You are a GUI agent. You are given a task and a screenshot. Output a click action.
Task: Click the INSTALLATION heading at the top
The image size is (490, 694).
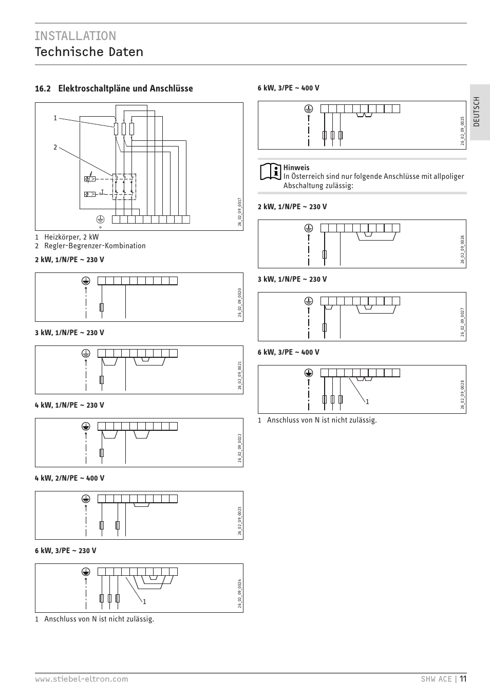point(76,35)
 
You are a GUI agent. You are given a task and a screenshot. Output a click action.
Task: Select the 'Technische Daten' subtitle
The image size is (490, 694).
point(89,52)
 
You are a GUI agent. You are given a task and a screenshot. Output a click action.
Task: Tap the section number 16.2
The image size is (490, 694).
point(43,88)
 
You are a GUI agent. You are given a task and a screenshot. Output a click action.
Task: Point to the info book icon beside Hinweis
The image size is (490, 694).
point(270,172)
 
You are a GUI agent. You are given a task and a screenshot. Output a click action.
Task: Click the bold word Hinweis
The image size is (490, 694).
point(296,168)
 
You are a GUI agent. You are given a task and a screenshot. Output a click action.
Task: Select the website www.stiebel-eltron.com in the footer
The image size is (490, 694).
point(81,679)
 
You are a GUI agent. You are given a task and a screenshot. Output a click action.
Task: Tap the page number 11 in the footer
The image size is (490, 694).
point(463,679)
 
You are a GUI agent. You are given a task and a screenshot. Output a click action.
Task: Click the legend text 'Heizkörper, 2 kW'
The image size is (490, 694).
point(71,237)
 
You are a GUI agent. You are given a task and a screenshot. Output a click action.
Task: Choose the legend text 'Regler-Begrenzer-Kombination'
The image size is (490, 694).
point(95,246)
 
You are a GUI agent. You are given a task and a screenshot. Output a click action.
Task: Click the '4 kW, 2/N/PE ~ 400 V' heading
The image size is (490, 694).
point(69,478)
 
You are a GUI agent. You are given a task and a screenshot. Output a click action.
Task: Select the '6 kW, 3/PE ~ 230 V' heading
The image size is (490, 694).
point(65,551)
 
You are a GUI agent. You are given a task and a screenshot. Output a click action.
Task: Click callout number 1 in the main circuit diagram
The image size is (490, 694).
point(55,118)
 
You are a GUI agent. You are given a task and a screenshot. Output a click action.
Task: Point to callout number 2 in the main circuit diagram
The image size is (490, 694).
point(55,148)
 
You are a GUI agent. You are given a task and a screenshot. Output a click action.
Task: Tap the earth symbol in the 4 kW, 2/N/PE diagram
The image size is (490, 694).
point(86,499)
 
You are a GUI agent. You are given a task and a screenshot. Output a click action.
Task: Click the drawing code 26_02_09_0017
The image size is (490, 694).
point(239,212)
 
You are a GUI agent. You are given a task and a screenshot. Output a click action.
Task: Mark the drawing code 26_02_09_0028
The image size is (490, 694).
point(462,395)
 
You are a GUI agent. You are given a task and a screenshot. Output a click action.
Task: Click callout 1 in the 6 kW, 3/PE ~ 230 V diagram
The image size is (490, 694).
point(145,601)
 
